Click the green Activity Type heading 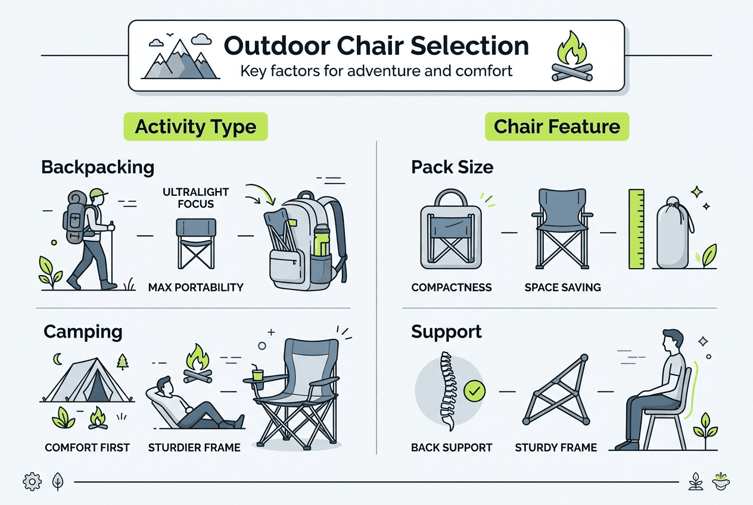[x=195, y=127]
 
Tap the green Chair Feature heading [x=557, y=126]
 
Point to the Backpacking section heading [x=98, y=167]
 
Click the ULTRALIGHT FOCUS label [x=195, y=198]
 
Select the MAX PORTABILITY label [x=195, y=288]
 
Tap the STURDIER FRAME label [x=194, y=447]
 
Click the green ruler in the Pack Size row [x=637, y=229]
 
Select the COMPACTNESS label [x=452, y=288]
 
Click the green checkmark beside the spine [x=474, y=391]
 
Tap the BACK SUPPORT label [x=452, y=447]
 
